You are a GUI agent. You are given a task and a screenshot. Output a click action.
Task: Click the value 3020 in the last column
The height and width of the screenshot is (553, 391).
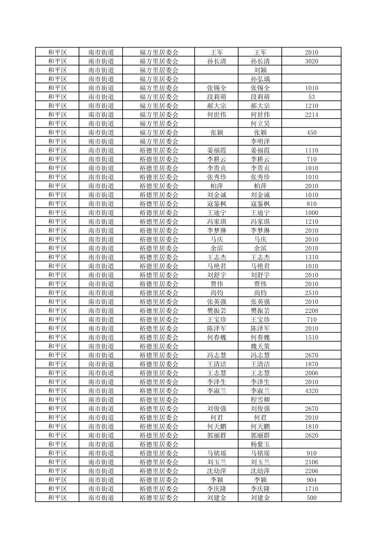point(311,61)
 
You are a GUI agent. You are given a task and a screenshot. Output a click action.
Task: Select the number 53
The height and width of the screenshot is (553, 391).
point(311,97)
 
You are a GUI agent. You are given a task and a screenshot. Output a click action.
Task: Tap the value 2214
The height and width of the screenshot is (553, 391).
point(311,115)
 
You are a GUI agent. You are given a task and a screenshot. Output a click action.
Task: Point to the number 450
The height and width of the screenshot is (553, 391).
point(311,132)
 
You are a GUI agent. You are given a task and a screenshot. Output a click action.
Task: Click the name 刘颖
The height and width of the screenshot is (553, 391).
point(260,70)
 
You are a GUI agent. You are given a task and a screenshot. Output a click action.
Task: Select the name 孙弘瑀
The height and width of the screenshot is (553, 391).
point(260,79)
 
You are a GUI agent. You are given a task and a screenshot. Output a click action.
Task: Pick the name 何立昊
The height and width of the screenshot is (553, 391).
point(260,124)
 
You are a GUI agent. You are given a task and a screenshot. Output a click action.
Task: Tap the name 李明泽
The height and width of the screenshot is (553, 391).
point(260,141)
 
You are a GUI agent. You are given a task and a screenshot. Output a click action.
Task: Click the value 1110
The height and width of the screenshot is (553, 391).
point(311,150)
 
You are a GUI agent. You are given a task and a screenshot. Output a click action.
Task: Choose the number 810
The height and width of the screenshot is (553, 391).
point(311,204)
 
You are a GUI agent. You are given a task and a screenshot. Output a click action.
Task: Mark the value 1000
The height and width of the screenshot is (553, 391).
point(311,212)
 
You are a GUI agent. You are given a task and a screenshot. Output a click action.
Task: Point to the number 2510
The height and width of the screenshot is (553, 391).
point(311,293)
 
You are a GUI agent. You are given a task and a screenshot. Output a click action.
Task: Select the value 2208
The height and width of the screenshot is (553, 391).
point(311,311)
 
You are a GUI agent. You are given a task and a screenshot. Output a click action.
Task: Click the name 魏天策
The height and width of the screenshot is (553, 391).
point(260,346)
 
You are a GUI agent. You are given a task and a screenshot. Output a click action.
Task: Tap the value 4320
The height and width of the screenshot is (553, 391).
point(311,391)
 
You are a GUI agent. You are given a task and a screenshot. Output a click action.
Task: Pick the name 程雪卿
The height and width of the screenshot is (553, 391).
point(260,400)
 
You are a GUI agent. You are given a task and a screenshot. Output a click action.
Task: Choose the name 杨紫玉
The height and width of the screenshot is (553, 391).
point(260,444)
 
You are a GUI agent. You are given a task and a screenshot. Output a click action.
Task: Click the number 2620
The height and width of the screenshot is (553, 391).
point(311,435)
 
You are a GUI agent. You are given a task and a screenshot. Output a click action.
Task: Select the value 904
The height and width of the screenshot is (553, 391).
point(311,480)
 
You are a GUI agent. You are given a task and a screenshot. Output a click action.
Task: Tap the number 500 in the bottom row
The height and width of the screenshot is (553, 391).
point(311,498)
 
